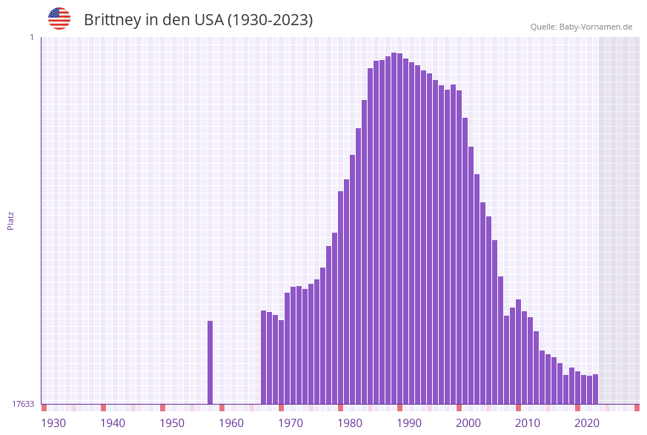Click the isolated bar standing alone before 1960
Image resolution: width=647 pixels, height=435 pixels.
(210, 362)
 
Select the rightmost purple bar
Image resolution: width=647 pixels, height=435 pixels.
(595, 389)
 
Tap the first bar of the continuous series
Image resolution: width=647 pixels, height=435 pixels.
(263, 357)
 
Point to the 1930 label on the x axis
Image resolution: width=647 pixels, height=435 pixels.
(53, 422)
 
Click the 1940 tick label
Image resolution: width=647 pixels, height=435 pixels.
(113, 422)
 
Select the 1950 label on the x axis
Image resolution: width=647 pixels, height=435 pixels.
(172, 422)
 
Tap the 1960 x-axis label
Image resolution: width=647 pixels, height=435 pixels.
(231, 422)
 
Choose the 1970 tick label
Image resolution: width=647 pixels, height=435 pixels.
(291, 422)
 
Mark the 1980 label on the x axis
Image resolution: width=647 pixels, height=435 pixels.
(350, 422)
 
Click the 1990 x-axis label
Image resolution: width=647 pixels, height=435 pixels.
(409, 422)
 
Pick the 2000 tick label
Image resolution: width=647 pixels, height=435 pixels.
(468, 422)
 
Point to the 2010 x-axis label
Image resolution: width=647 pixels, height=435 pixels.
(528, 422)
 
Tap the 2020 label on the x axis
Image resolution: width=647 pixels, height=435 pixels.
(587, 422)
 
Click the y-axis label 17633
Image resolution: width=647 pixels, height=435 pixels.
(23, 404)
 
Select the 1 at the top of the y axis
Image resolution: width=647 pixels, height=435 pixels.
(31, 37)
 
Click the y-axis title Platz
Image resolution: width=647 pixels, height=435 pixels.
(11, 220)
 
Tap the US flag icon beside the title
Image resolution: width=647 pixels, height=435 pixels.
(59, 19)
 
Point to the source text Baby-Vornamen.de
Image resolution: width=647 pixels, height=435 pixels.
(596, 27)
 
